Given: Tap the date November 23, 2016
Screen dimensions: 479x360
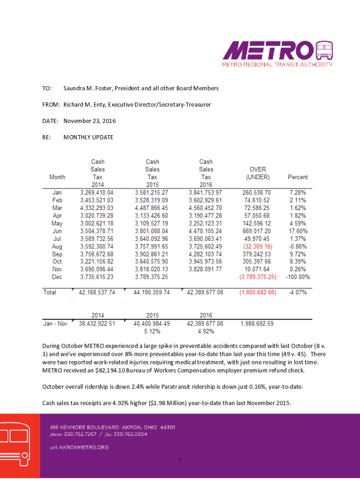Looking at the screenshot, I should [x=89, y=121].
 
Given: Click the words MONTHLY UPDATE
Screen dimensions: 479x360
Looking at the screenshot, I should [x=88, y=138].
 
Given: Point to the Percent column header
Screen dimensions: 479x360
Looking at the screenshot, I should [x=298, y=177].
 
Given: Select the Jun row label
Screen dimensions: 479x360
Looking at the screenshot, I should [x=58, y=232].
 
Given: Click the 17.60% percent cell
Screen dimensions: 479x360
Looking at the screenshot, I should [x=299, y=232].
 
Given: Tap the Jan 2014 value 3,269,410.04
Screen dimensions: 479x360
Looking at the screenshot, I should [x=97, y=192].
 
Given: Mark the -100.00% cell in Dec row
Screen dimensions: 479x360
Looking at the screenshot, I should [x=297, y=277].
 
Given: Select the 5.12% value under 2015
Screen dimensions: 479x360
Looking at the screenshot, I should [x=151, y=332].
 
